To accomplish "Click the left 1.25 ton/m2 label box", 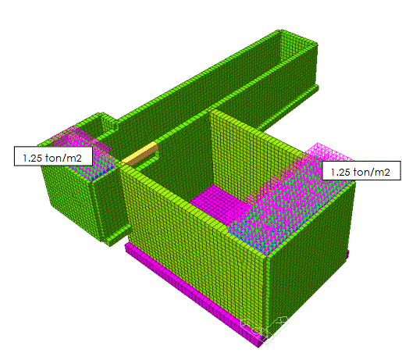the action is (53, 156).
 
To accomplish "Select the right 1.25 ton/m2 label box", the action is (361, 170).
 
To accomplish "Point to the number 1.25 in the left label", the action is (33, 158).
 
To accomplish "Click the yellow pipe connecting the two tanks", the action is (141, 154).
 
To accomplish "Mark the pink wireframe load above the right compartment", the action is (294, 198).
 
